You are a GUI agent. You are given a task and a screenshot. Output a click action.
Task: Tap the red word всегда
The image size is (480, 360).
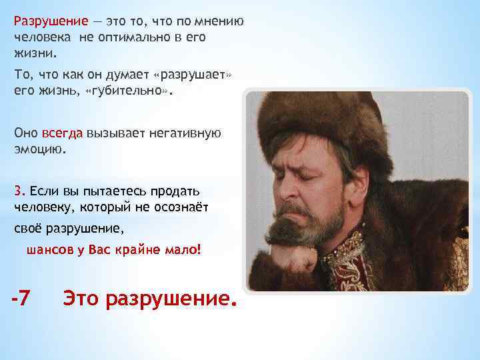pos(63,132)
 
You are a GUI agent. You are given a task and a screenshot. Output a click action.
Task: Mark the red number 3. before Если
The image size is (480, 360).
pos(19,190)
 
